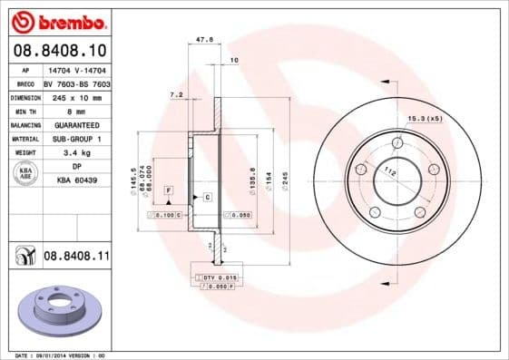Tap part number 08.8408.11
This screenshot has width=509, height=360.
[x=76, y=257]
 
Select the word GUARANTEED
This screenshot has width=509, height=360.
[x=72, y=124]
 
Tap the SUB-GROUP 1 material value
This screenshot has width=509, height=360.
[x=72, y=139]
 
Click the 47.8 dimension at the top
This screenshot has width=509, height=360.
[x=204, y=40]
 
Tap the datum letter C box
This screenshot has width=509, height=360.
[x=207, y=197]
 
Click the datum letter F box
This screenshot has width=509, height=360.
[x=169, y=189]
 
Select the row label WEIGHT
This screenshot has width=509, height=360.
[x=25, y=153]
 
